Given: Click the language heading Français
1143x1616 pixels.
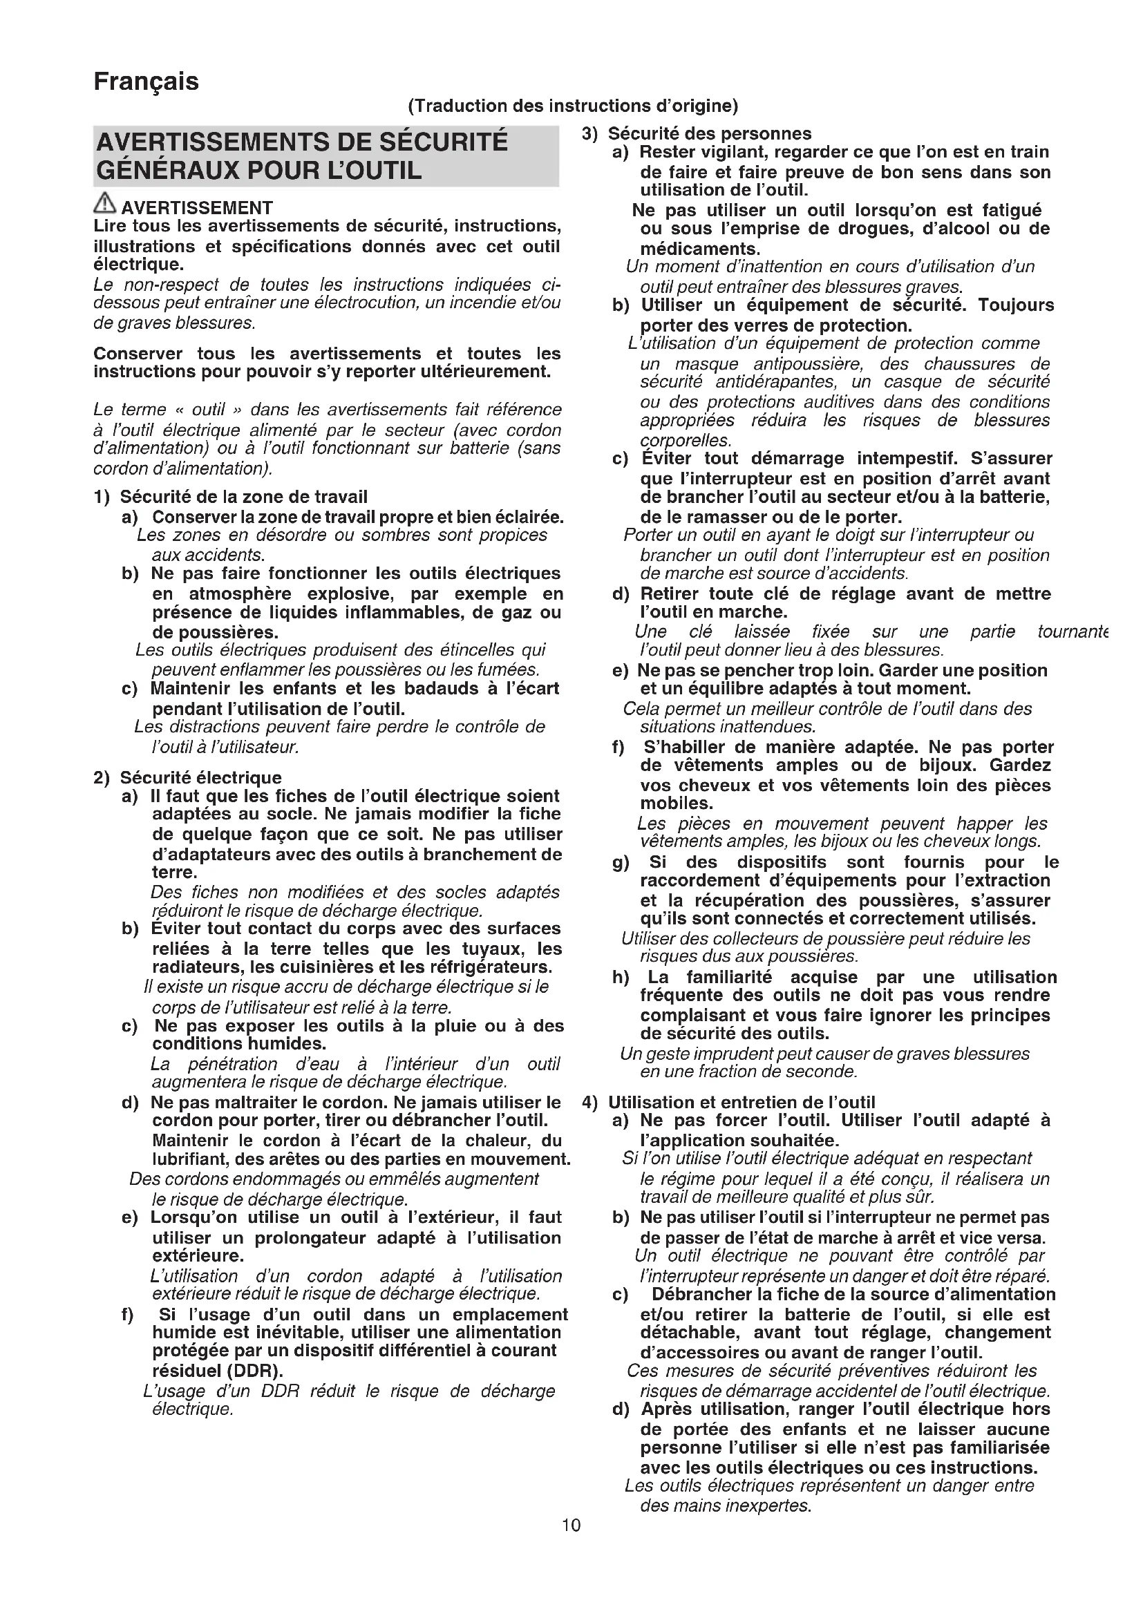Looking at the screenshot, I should point(147,82).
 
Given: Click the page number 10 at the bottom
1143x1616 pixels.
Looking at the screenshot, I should point(571,1525).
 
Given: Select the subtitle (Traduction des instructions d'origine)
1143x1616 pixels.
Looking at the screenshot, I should point(573,106).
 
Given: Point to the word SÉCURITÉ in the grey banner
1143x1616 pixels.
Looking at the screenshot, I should point(443,142).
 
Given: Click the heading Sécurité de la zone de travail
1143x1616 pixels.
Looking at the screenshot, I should point(243,497).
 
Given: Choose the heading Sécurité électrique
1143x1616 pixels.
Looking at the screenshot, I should point(200,778).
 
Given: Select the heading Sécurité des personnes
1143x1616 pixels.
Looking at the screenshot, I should point(710,134).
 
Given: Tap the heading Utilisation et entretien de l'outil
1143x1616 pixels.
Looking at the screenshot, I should point(741,1103).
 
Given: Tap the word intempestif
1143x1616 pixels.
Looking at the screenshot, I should point(907,459).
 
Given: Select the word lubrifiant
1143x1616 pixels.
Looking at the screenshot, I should point(190,1159).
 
